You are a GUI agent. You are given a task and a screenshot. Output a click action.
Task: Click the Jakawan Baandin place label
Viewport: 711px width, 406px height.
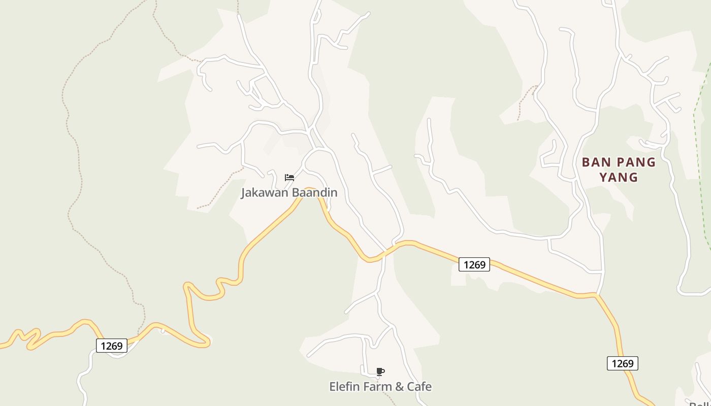click(289, 193)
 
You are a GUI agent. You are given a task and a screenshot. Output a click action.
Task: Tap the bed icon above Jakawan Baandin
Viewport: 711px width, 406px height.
click(289, 177)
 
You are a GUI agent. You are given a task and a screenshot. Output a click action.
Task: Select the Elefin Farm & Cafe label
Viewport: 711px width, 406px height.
click(380, 387)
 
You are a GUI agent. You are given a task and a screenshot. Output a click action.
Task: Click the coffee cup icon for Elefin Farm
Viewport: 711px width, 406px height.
click(380, 371)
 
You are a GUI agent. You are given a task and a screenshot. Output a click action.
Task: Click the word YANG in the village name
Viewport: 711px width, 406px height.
click(619, 178)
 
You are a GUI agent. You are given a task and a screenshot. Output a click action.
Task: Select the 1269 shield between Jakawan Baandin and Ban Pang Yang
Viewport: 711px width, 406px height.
click(474, 264)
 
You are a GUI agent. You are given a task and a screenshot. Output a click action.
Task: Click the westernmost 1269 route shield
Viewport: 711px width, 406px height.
click(111, 346)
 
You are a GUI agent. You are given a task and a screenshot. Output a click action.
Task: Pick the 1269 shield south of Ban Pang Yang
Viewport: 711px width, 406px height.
click(622, 363)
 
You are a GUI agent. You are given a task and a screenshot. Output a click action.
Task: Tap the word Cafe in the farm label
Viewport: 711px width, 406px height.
click(419, 387)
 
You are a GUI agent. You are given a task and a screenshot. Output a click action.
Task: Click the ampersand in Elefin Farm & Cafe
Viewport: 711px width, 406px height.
click(399, 387)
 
